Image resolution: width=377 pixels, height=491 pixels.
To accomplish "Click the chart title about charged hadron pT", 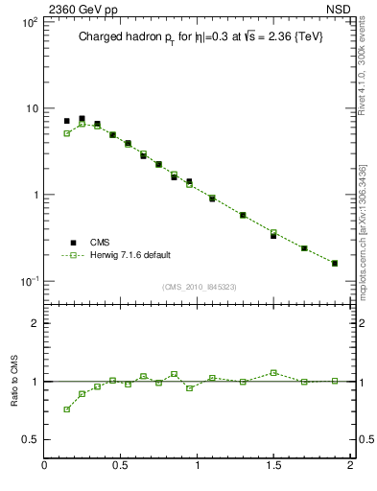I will point(199,37).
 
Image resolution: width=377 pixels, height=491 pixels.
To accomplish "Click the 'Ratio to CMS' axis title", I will point(14,381).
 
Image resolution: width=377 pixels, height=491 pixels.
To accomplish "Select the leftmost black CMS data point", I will point(67,122).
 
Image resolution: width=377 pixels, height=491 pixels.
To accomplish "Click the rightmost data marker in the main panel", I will point(335,263).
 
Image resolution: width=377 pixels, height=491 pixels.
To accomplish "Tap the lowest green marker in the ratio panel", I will point(67,409).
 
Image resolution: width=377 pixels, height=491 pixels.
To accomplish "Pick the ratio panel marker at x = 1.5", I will point(273,372).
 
